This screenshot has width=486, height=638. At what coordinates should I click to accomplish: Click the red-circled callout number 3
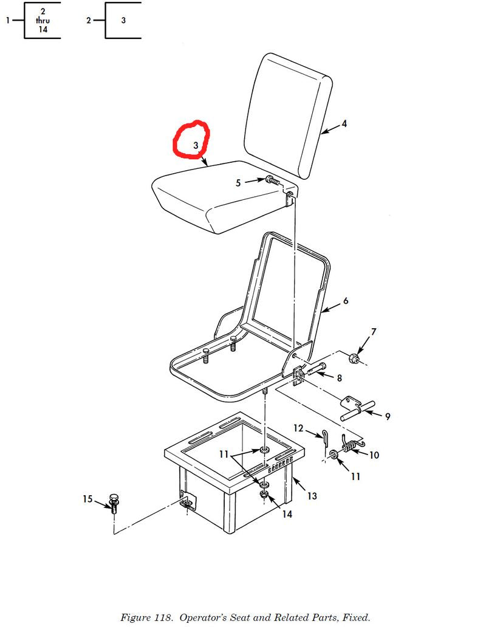196,145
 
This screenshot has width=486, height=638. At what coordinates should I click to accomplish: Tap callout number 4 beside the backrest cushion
344,124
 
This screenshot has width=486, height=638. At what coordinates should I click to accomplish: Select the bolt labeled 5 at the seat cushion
273,180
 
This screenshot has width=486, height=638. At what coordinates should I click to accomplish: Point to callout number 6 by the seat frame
345,301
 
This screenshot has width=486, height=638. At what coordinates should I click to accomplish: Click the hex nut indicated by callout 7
353,358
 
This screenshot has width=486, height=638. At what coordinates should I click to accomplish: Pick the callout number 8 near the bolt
339,378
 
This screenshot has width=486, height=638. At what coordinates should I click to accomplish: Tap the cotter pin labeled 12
325,438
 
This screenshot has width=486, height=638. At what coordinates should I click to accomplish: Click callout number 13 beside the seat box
312,496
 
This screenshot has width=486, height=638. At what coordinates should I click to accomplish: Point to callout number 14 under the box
287,514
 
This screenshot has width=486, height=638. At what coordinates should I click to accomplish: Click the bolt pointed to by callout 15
114,503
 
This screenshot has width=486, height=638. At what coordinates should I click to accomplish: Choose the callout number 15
87,499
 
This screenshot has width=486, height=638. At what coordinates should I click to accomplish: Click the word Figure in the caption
135,618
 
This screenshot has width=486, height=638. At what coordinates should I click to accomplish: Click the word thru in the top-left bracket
43,20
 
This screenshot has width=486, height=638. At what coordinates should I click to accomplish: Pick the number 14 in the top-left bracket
43,29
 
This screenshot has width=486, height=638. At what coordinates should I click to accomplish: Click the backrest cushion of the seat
289,115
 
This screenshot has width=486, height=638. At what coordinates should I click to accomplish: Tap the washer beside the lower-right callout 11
334,454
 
